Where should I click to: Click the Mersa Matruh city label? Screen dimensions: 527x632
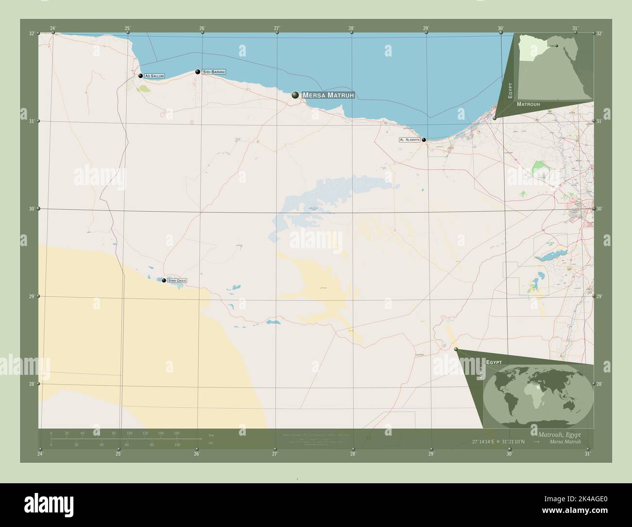point(328,95)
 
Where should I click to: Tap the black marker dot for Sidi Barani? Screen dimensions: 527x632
point(198,72)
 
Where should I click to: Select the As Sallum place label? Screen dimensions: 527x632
point(155,76)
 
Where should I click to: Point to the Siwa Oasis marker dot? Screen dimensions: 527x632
point(164,281)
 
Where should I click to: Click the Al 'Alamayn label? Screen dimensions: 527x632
point(409,140)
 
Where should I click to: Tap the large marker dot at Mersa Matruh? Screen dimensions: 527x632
point(295,95)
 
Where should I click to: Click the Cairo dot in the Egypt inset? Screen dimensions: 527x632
point(557,47)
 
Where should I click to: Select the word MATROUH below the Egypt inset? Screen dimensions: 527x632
point(528,105)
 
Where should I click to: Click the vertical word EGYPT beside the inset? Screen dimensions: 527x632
point(510,91)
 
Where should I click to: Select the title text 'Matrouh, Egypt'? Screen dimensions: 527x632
point(559,434)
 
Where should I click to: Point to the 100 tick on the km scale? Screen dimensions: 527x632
point(129,433)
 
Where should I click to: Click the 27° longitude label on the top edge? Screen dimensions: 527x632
point(277,28)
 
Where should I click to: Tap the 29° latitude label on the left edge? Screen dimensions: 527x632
point(31,296)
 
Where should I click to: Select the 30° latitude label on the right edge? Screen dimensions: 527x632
point(599,209)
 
